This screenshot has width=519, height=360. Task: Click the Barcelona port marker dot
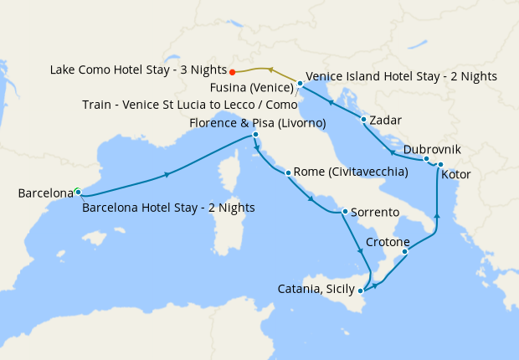pyautogui.click(x=78, y=192)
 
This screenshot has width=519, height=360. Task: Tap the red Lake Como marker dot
pyautogui.click(x=232, y=71)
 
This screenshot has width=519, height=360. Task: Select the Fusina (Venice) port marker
pyautogui.click(x=300, y=83)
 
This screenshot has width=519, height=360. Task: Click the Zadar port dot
pyautogui.click(x=363, y=119)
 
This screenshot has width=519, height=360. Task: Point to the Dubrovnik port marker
pyautogui.click(x=426, y=159)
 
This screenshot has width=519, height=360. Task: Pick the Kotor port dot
pyautogui.click(x=440, y=164)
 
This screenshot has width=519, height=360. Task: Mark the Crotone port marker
pyautogui.click(x=404, y=251)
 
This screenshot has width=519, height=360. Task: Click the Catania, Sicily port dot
pyautogui.click(x=360, y=291)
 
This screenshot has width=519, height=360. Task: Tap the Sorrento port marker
pyautogui.click(x=344, y=211)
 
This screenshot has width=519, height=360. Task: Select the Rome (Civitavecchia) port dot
pyautogui.click(x=288, y=173)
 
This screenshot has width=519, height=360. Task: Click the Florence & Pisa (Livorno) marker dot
pyautogui.click(x=255, y=135)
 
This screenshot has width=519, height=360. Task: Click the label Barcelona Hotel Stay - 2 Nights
pyautogui.click(x=168, y=208)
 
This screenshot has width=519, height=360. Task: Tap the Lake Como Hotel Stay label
pyautogui.click(x=137, y=70)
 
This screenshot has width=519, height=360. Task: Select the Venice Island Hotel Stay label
pyautogui.click(x=402, y=76)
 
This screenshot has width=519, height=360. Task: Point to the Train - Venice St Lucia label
pyautogui.click(x=188, y=105)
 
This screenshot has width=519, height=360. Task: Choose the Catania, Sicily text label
pyautogui.click(x=315, y=290)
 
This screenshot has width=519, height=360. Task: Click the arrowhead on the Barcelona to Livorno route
pyautogui.click(x=168, y=175)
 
